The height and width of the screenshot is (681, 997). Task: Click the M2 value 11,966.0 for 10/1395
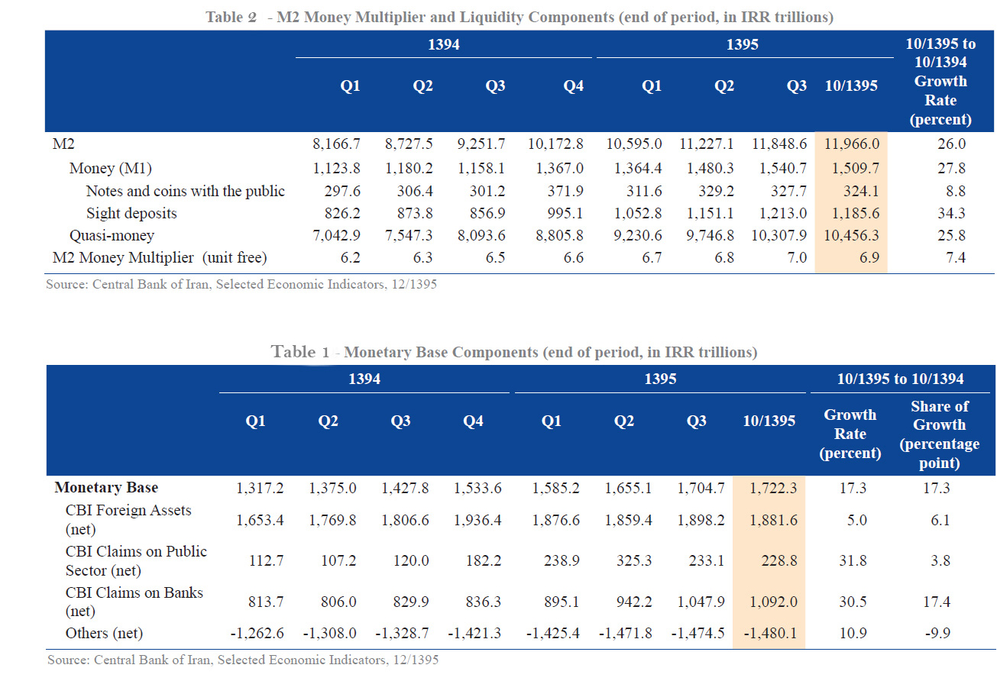coord(851,144)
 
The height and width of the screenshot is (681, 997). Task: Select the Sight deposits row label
coord(131,213)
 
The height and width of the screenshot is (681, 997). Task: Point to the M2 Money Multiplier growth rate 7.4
coord(955,258)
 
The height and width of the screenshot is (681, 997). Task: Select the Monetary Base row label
coord(106,487)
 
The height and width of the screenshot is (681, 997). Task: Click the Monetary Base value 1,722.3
coord(769,488)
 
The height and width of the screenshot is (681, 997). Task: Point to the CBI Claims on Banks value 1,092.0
coord(769,602)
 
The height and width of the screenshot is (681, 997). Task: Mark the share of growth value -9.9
coord(936,633)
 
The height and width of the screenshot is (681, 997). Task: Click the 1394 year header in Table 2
coord(444,45)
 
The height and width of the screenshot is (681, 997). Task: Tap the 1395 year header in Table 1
coord(660,379)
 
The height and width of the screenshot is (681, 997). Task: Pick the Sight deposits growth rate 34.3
coord(955,213)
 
